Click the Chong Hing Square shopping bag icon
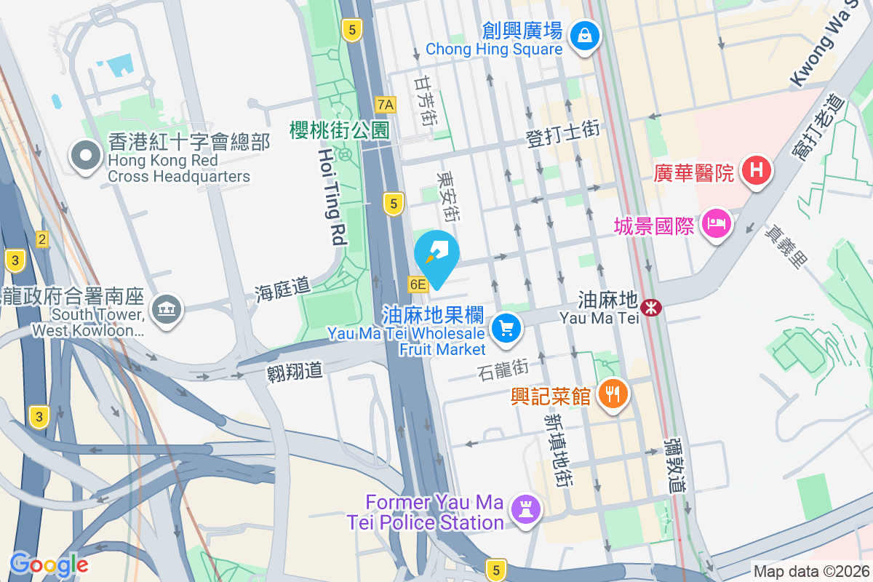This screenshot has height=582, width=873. tap(583, 34)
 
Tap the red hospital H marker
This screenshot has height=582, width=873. tap(756, 172)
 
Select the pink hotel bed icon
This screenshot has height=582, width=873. tap(717, 223)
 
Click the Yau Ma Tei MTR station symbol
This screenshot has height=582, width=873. tap(650, 308)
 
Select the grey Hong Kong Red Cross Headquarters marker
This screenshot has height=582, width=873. tap(87, 154)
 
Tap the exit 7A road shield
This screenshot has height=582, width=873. tap(386, 105)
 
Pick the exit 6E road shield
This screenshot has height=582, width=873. tap(418, 284)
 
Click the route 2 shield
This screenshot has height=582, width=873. tap(42, 239)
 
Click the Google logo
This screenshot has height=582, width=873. tap(49, 564)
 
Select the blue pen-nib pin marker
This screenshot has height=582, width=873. tap(437, 255)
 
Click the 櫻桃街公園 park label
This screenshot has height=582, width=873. tap(340, 130)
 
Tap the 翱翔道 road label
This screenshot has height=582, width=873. tap(295, 371)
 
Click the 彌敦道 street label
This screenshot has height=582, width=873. tap(676, 465)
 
